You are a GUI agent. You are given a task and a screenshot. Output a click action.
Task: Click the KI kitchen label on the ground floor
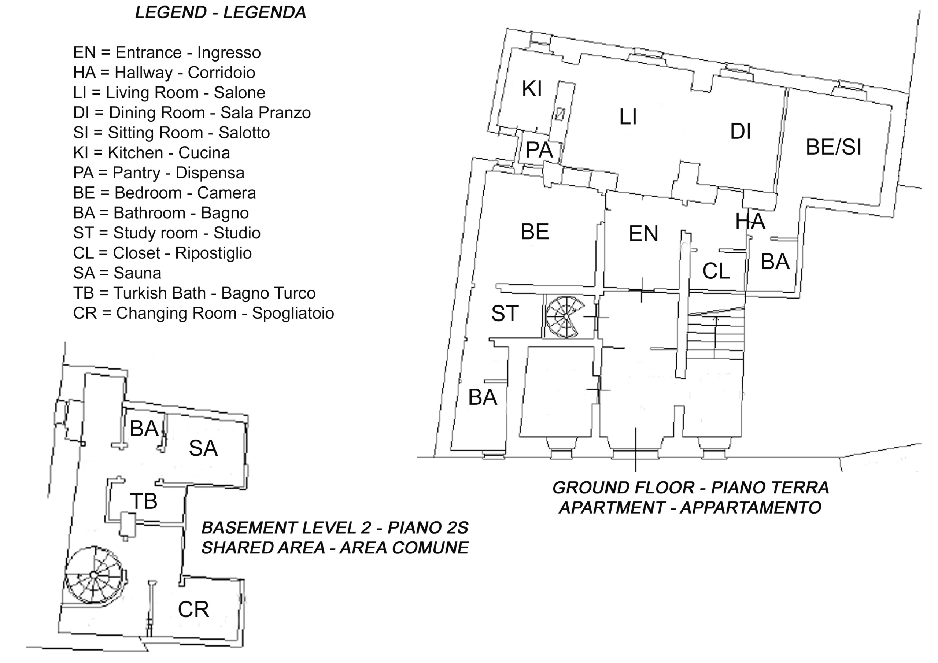pos(532,89)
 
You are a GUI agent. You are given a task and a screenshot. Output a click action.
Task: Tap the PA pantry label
pos(539,150)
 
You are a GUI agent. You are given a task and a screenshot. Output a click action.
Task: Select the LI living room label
pos(628,117)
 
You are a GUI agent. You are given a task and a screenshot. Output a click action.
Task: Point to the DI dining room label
pos(740,132)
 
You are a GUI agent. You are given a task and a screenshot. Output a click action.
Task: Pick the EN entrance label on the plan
pos(643,234)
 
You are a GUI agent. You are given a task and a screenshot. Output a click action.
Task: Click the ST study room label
pos(505,314)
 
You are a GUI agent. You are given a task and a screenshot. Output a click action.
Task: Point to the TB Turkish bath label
pos(143,501)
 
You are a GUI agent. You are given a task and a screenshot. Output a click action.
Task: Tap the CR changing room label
pos(193,610)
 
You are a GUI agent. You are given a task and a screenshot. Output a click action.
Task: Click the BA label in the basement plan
pos(144,429)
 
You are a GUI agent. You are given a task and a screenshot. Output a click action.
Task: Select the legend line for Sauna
pos(117,273)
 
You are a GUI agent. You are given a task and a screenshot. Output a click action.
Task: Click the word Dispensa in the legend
pos(210,173)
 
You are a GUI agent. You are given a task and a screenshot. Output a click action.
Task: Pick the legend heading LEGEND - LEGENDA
pos(221,13)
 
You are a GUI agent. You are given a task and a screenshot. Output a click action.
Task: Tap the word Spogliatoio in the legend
pos(293,313)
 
